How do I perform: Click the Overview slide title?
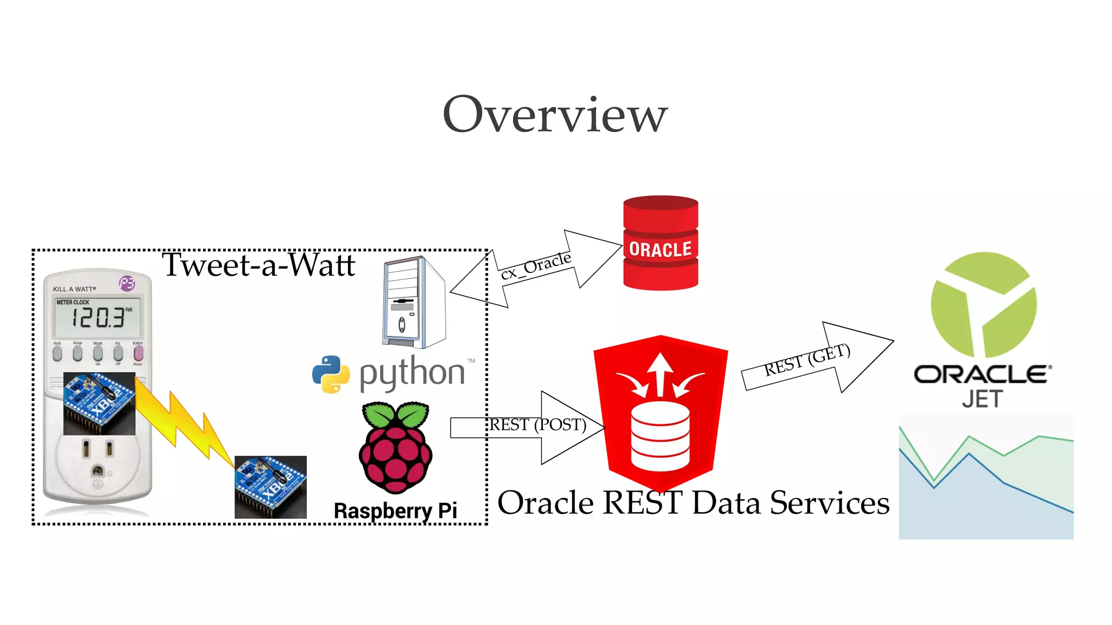[x=555, y=114]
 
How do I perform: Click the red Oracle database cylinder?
[x=660, y=243]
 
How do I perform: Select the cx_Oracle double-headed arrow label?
[x=536, y=266]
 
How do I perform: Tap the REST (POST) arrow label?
[x=538, y=424]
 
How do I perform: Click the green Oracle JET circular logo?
[x=983, y=304]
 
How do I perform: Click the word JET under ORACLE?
[x=982, y=399]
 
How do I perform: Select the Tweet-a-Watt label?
[x=258, y=265]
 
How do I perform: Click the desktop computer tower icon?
[x=414, y=302]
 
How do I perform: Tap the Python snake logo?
[x=331, y=374]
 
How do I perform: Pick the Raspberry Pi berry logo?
[x=395, y=447]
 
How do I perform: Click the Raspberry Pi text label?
[x=395, y=511]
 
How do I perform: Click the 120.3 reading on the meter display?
[x=98, y=317]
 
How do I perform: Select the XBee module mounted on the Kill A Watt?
[x=99, y=403]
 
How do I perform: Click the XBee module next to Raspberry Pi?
[x=270, y=487]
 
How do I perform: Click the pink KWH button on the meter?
[x=138, y=353]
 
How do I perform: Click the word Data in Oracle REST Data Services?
[x=726, y=503]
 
